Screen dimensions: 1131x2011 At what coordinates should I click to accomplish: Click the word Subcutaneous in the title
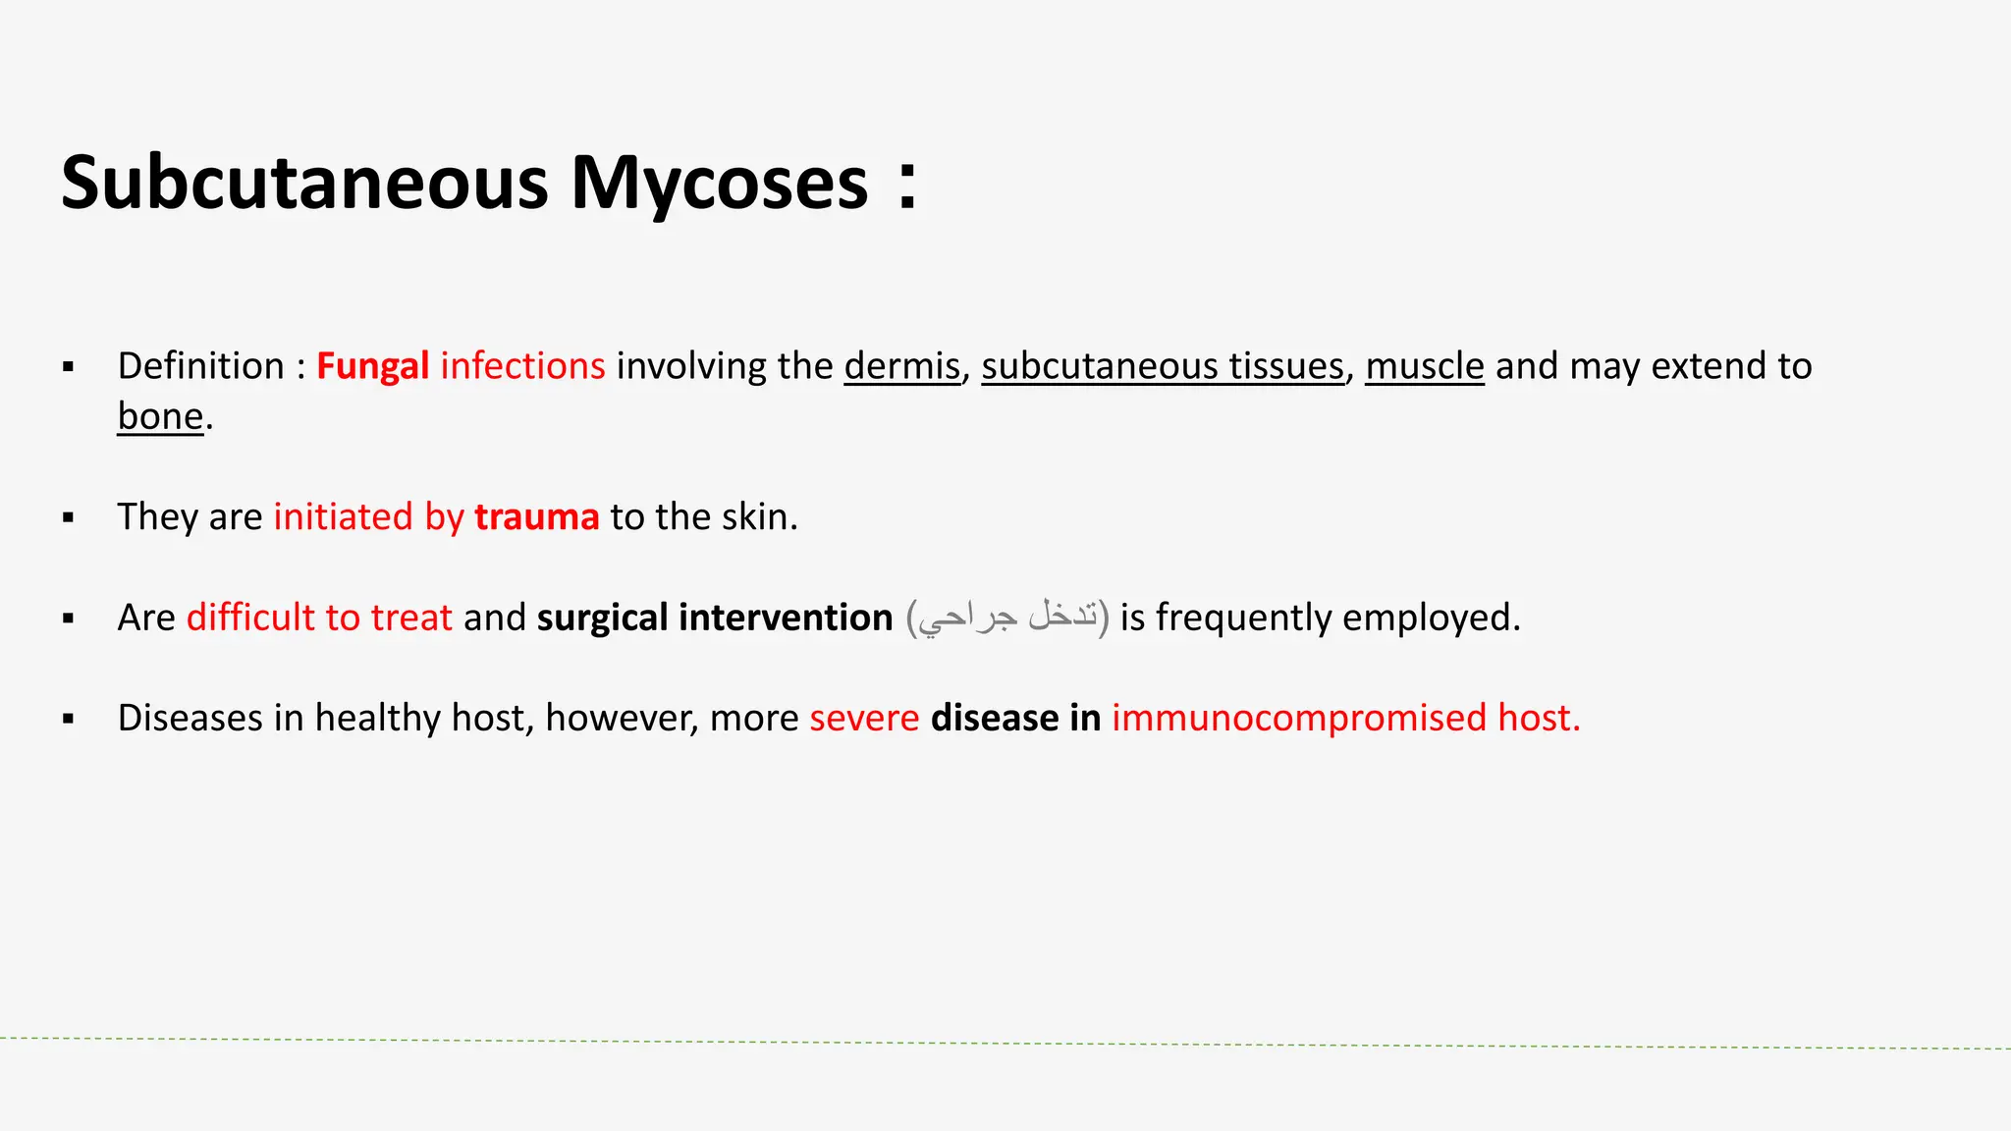(x=304, y=184)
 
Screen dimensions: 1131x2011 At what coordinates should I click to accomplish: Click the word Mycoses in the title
(x=720, y=184)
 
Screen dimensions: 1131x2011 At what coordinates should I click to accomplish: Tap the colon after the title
(x=908, y=184)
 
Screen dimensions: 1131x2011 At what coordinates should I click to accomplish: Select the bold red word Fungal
(x=372, y=366)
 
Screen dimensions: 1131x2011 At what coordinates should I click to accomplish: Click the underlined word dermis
(x=901, y=366)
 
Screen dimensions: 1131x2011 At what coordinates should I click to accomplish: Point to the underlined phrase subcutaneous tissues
(x=1163, y=366)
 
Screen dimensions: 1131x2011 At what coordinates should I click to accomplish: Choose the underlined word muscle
(x=1424, y=366)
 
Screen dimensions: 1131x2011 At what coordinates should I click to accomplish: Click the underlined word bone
(x=160, y=416)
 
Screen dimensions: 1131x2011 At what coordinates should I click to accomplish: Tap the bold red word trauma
(x=536, y=517)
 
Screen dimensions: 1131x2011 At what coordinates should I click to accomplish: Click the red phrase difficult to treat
(x=319, y=618)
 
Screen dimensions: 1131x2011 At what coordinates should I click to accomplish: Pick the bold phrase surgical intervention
(x=715, y=618)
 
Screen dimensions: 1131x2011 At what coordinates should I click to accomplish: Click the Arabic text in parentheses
(x=1007, y=618)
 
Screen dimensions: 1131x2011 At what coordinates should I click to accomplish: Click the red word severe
(x=864, y=718)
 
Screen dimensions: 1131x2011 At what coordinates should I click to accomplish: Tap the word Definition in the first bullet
(x=200, y=366)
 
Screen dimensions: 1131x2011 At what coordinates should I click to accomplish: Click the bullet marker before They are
(x=68, y=517)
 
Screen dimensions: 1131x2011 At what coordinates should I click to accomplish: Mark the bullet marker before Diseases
(x=68, y=719)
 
